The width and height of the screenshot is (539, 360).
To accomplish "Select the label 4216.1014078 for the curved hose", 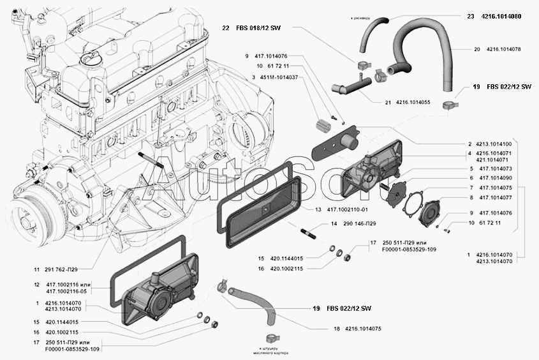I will coord(503,49).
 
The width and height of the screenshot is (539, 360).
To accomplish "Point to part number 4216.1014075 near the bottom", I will coord(366,329).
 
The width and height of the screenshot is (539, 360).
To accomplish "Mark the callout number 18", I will coord(337,329).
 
